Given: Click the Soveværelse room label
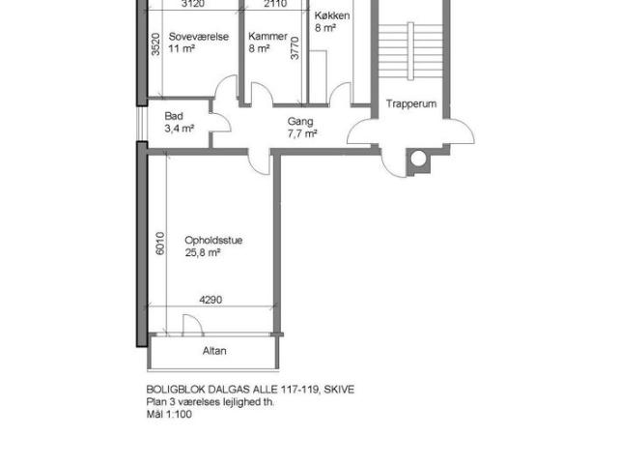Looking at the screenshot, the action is point(199,37).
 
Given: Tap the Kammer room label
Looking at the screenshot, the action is point(268,37).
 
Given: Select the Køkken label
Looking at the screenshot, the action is point(332,15).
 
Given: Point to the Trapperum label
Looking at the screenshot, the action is point(411,103).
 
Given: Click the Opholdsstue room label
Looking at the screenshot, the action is point(213,241).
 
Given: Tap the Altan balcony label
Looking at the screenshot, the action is point(214,351).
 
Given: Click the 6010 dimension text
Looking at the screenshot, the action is point(160,244).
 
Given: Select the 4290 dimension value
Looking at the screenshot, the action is point(211,300).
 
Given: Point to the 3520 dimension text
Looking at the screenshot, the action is point(156,44).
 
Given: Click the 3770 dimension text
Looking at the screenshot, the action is point(295,48).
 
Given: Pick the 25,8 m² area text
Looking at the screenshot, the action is point(203,252).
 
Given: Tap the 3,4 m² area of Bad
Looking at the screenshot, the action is point(180,129).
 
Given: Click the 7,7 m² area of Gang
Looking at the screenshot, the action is point(302,133).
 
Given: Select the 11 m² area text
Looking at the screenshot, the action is point(182,49).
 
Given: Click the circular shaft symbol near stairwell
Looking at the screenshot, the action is point(418,159).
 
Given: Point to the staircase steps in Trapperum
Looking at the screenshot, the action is point(410,51).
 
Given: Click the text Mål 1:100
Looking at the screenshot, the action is point(169,414).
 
